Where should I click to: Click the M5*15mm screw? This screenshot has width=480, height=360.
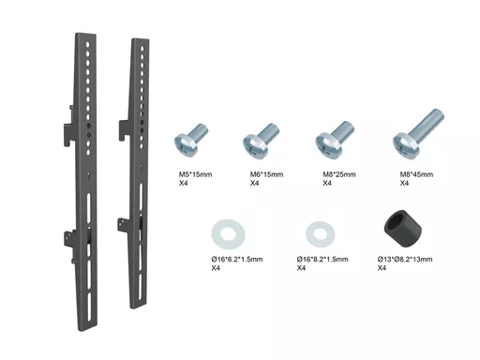click(x=190, y=140)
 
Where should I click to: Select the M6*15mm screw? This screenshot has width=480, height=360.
click(x=261, y=140)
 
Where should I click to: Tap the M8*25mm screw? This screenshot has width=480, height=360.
click(x=334, y=139)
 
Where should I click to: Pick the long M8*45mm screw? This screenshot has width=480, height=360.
click(x=418, y=134)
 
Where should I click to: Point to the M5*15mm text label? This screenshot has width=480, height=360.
click(x=195, y=174)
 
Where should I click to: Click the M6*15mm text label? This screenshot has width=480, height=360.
click(x=266, y=174)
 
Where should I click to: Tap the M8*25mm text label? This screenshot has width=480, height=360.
click(x=339, y=174)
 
